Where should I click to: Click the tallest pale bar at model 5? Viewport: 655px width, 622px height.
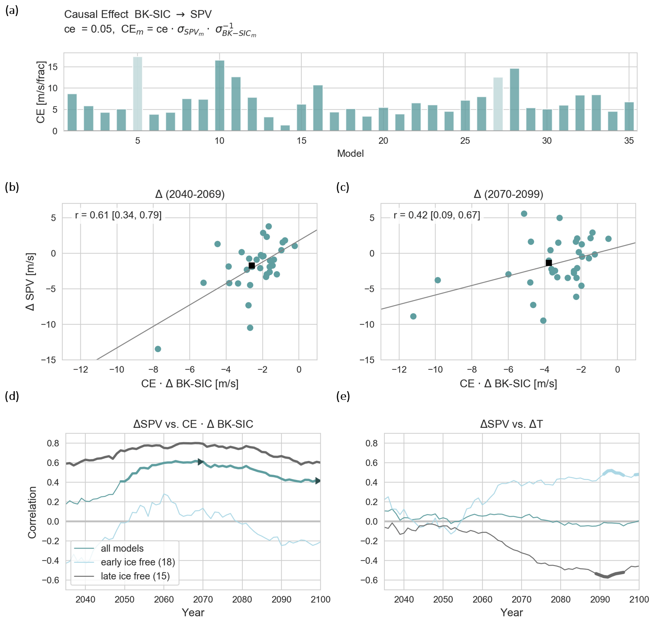(138, 93)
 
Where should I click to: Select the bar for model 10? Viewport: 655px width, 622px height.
(220, 96)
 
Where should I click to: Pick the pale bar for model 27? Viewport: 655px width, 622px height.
(498, 104)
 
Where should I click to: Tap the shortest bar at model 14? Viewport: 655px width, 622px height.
(285, 128)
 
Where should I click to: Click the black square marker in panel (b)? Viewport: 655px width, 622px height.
(251, 266)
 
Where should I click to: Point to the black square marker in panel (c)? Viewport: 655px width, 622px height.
(549, 263)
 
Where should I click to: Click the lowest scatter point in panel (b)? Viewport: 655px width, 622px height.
(158, 349)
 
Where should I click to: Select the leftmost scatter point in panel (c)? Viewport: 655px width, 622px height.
(413, 316)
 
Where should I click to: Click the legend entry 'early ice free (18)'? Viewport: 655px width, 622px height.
(138, 562)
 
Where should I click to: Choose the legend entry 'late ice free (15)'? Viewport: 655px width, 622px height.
(135, 576)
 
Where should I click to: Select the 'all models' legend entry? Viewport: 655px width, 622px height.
(122, 549)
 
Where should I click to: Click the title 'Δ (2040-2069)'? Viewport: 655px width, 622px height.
(190, 194)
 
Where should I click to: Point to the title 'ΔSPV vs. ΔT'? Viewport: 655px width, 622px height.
(511, 424)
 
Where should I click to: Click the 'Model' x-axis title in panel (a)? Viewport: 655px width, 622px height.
(350, 153)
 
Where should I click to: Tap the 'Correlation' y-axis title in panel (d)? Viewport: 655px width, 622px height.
(33, 512)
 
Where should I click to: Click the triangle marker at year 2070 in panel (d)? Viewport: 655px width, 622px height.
(200, 462)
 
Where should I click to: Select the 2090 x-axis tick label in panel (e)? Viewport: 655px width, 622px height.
(600, 599)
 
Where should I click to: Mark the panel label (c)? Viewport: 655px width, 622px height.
(343, 187)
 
